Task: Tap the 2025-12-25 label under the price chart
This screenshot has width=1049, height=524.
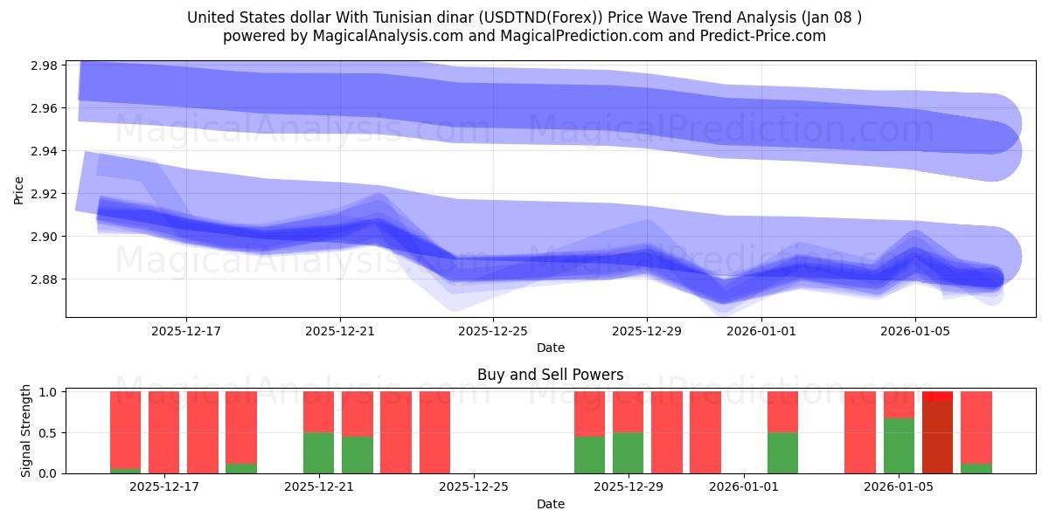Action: [494, 331]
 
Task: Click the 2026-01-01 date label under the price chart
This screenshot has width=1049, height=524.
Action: [761, 331]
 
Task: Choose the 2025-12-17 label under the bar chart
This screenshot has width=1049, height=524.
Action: [164, 487]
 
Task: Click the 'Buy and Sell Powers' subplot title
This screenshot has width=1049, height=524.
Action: [550, 375]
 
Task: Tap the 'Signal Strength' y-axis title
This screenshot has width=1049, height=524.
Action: [26, 431]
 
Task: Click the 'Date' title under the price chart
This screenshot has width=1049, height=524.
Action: [550, 348]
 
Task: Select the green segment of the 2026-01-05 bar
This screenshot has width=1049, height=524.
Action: [899, 445]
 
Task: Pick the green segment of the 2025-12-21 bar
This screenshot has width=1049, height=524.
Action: [318, 452]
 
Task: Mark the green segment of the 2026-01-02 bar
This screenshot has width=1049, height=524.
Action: [782, 452]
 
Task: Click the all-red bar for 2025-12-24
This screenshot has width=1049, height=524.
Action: [434, 432]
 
